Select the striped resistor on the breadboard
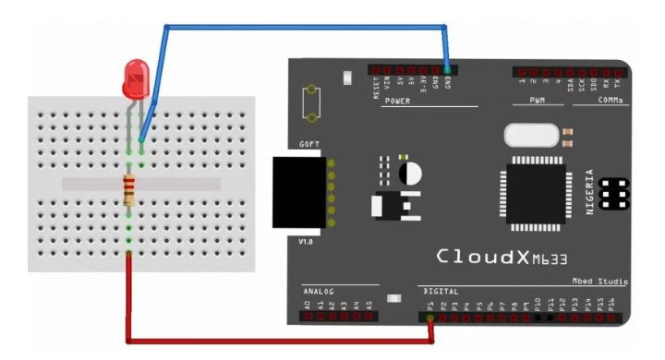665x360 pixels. click(129, 189)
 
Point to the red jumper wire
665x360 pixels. click(277, 339)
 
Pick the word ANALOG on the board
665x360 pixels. click(320, 292)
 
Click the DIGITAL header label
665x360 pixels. click(439, 292)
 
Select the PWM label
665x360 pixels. click(538, 101)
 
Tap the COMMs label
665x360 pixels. click(610, 101)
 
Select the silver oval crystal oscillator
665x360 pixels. click(531, 137)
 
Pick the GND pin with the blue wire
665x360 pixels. click(447, 69)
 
